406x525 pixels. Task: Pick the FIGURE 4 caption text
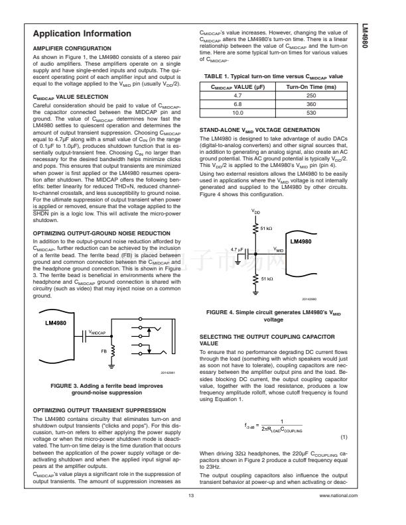tap(279, 314)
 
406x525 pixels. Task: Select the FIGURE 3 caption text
tap(111, 388)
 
